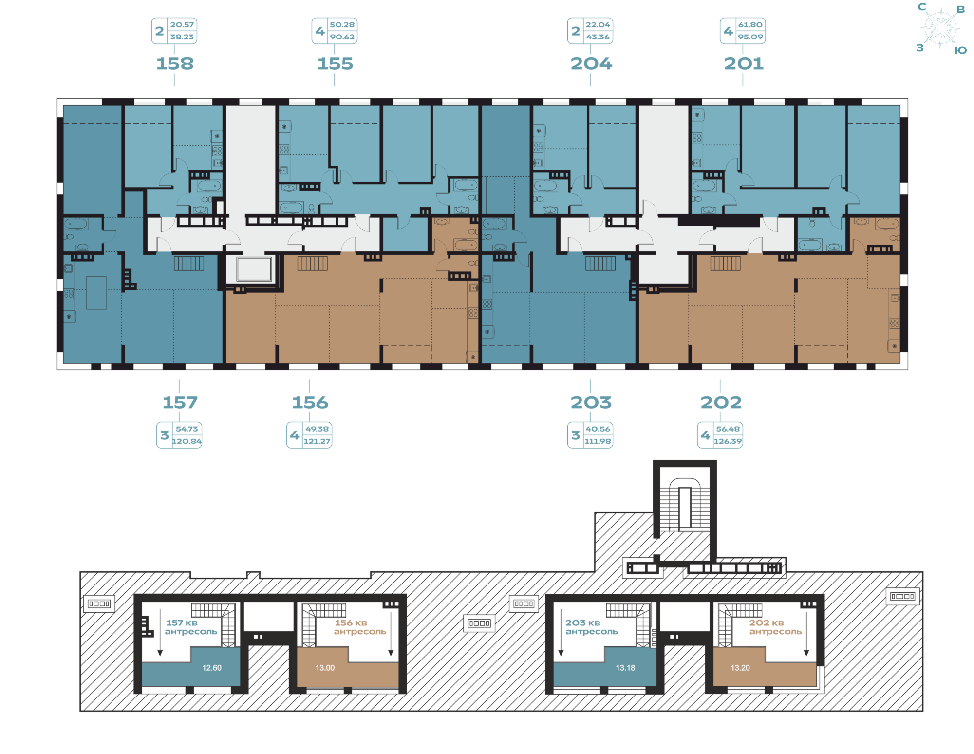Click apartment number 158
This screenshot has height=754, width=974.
[x=175, y=64]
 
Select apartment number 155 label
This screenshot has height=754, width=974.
[x=335, y=64]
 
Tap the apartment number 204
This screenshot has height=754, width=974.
[x=591, y=64]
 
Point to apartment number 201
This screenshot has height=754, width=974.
[x=743, y=64]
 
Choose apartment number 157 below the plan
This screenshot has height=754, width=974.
[x=180, y=403]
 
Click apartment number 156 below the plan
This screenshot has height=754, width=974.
[x=310, y=403]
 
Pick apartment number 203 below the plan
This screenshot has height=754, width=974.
[x=591, y=403]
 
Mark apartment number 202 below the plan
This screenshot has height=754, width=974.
[x=721, y=403]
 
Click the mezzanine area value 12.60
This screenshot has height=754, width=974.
[x=212, y=668]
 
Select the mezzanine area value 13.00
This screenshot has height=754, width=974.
[x=325, y=668]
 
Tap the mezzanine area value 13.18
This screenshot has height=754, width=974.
[x=625, y=668]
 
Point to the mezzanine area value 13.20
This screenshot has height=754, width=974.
[x=740, y=668]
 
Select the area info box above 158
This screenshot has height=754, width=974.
[x=174, y=31]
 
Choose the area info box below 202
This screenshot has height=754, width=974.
[x=720, y=435]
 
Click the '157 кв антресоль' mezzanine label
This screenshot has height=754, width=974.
[x=190, y=627]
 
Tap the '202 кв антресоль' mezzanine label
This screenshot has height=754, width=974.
[x=775, y=627]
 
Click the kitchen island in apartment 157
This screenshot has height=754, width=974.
[x=96, y=293]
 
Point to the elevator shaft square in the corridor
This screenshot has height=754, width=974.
[x=254, y=269]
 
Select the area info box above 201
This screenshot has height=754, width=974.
[x=743, y=31]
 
